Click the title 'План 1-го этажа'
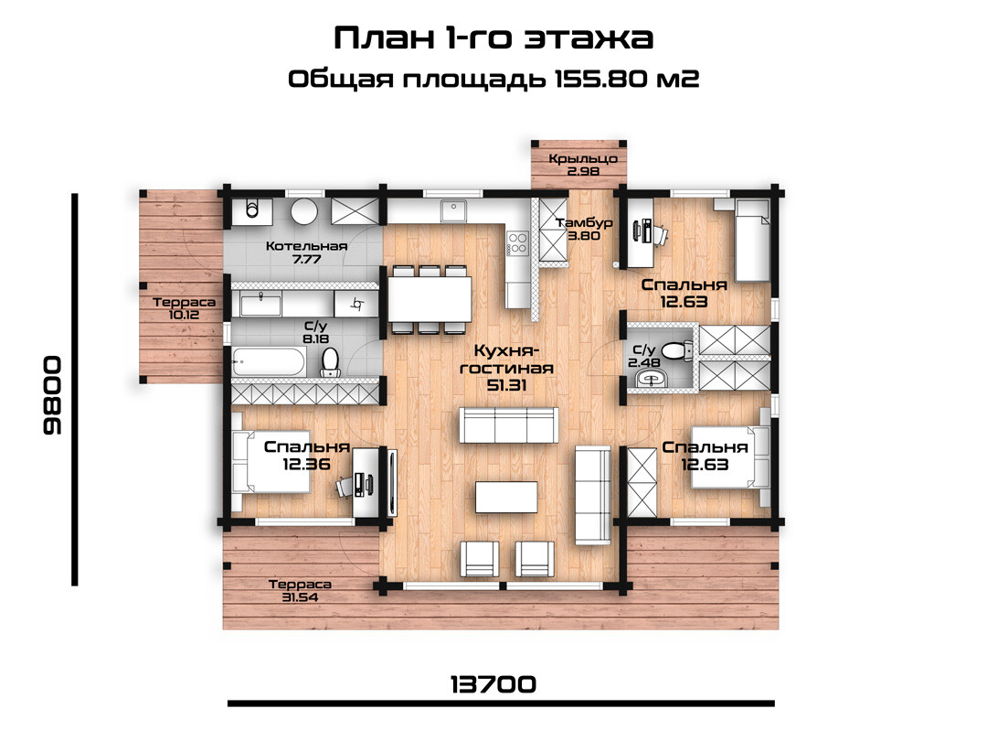(x=493, y=38)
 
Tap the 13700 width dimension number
(x=493, y=683)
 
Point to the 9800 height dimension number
(x=52, y=395)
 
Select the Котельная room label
(x=306, y=246)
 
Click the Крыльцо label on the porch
(x=583, y=159)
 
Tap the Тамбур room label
(x=584, y=223)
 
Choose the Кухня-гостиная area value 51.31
(x=506, y=385)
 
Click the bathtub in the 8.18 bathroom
(x=269, y=361)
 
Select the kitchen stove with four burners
(x=517, y=243)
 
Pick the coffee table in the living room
(x=506, y=497)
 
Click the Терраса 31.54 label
(x=300, y=590)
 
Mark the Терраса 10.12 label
(x=184, y=308)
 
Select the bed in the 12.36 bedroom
(x=271, y=461)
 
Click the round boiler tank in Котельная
(x=304, y=211)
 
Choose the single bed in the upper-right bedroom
(x=752, y=240)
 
